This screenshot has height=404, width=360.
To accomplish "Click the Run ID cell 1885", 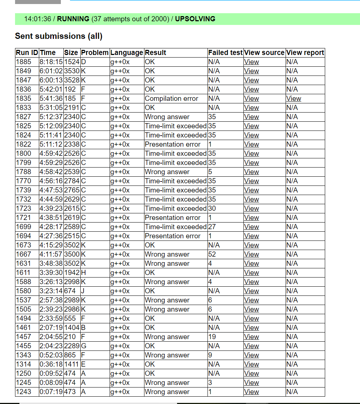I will (23, 62).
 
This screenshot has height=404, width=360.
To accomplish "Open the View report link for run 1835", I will (294, 99).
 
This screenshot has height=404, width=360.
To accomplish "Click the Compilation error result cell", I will (171, 99).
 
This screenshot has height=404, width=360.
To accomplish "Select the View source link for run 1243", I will (251, 392).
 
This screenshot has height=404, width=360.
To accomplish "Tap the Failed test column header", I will (225, 53).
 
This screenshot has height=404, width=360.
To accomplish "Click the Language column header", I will (126, 53).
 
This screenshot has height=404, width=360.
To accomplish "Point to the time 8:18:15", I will (51, 62).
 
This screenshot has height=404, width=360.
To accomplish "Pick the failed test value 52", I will (212, 254).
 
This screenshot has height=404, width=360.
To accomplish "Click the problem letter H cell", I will (83, 273).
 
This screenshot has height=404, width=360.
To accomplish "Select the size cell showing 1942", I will (71, 273).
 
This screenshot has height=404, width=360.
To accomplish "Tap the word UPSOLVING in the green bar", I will (195, 19).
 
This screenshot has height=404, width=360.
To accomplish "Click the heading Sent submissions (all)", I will (59, 36).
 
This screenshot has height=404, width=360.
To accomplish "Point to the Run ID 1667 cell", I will (23, 254).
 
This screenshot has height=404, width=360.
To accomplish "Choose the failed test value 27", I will (212, 227).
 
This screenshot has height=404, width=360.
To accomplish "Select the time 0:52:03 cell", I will (51, 355).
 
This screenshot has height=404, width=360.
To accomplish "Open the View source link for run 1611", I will (251, 273).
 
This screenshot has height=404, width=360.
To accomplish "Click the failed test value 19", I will (212, 337).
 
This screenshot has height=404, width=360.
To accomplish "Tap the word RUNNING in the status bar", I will (73, 19).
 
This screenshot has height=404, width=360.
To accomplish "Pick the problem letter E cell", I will (83, 364).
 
